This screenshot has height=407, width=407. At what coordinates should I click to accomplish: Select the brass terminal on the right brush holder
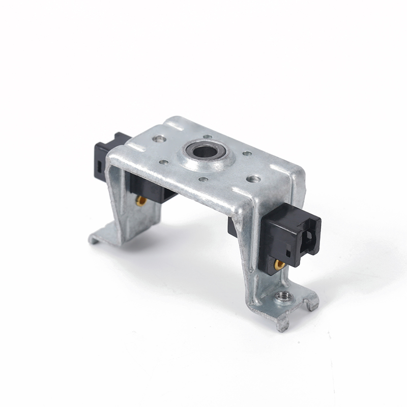click(x=279, y=265)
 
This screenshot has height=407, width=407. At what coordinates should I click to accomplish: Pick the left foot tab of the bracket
click(x=100, y=237)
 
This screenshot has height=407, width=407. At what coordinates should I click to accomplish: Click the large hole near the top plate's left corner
click(x=159, y=138)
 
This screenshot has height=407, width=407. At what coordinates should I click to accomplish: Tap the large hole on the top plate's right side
click(x=253, y=179)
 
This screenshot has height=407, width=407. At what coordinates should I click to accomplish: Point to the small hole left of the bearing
click(x=164, y=162)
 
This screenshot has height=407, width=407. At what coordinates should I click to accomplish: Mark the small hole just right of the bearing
click(x=247, y=153)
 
